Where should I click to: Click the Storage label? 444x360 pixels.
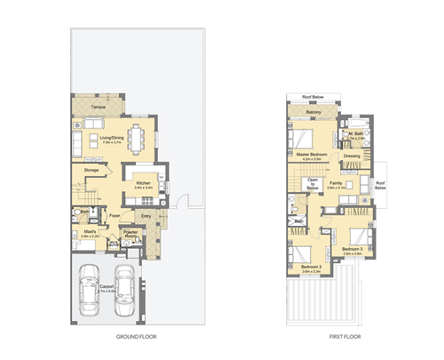91,169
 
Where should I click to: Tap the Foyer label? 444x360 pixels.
115,213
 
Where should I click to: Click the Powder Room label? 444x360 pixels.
131,234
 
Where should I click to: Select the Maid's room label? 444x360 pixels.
90,233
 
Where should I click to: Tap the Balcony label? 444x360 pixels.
313,113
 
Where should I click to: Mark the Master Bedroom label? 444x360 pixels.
313,156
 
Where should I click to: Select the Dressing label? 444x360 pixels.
352,156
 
